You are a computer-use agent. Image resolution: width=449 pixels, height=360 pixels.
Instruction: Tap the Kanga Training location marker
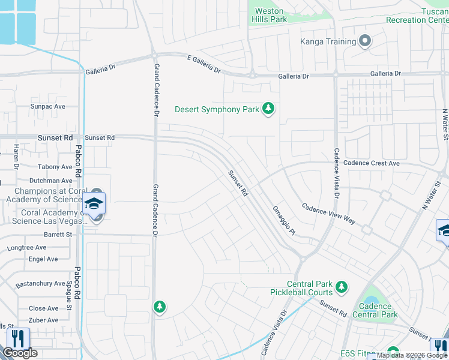(365, 41)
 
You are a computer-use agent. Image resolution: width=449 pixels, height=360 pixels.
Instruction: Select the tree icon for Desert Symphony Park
(269, 109)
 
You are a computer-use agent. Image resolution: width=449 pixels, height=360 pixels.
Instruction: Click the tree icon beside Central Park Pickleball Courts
(342, 288)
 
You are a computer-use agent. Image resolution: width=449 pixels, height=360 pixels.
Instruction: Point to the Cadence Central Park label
(375, 310)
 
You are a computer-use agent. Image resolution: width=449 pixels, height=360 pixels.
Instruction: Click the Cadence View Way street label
(328, 213)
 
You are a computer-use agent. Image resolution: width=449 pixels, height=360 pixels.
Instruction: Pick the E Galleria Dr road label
(195, 65)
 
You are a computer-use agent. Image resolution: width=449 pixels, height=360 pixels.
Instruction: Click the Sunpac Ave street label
(47, 106)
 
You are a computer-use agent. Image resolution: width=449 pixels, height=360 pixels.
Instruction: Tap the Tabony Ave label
(55, 167)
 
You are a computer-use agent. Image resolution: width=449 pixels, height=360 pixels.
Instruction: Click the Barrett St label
(58, 235)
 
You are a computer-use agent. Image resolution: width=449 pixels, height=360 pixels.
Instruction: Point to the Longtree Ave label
(26, 247)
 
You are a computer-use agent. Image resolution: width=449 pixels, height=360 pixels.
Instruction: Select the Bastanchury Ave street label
(40, 283)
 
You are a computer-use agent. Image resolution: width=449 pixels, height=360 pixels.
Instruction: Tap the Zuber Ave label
(44, 320)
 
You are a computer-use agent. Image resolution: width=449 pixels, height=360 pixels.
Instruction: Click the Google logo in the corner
(20, 353)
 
